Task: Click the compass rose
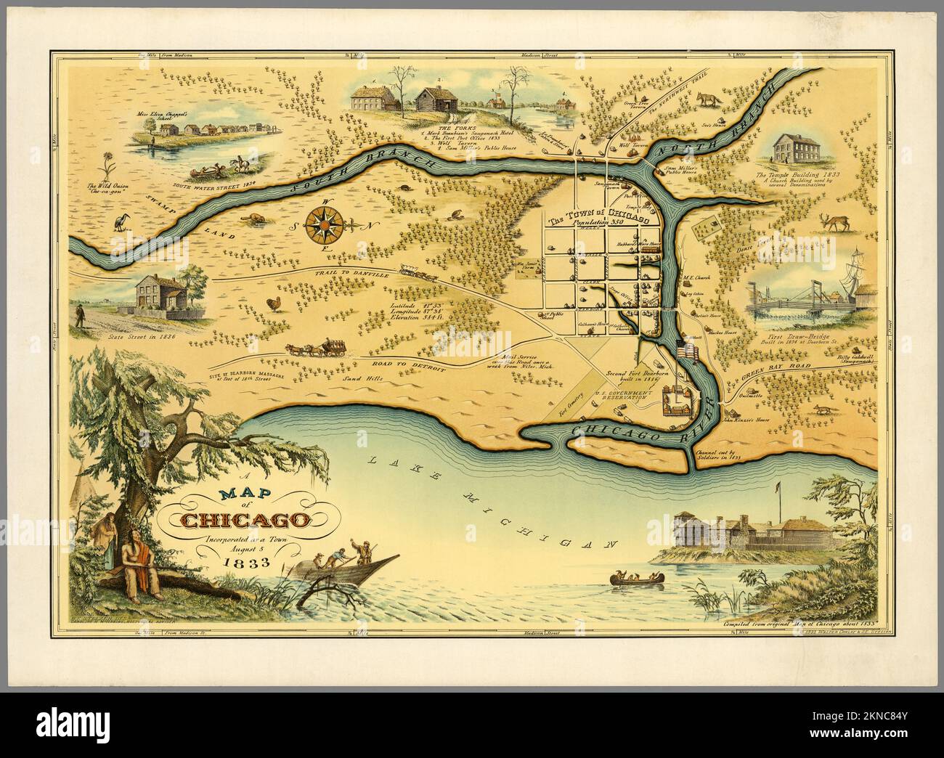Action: point(322,224)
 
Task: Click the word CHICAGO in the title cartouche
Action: point(246,520)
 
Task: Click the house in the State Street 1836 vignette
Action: point(160,293)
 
